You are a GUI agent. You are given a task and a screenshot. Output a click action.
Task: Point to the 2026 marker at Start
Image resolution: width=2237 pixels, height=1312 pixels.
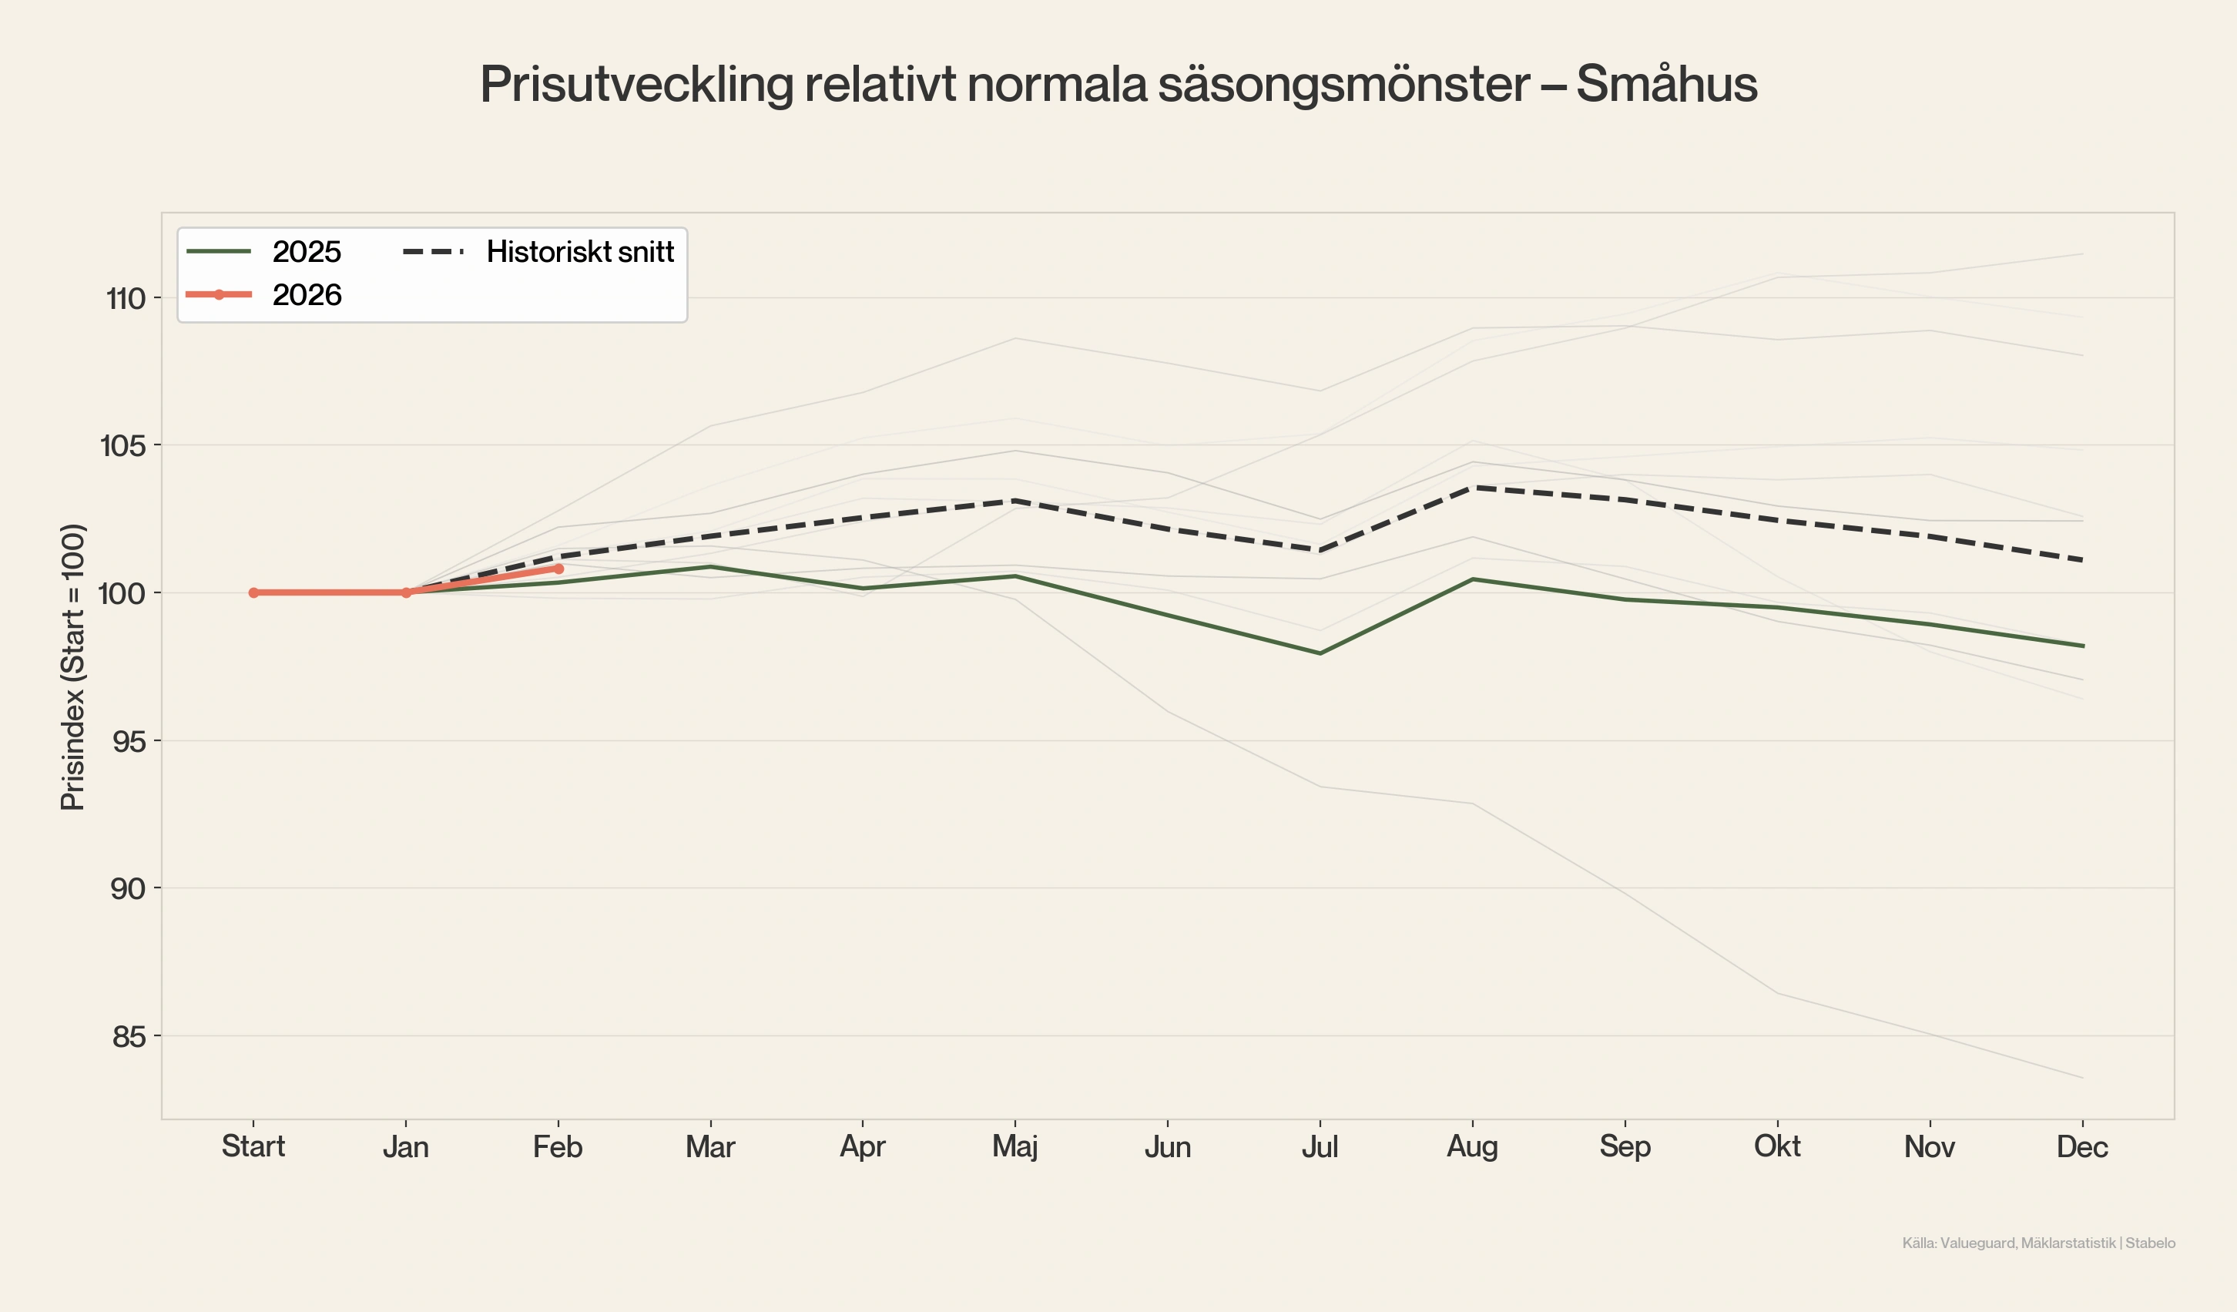pos(254,593)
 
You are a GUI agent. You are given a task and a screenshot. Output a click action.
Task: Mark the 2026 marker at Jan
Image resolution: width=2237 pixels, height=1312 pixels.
pos(407,593)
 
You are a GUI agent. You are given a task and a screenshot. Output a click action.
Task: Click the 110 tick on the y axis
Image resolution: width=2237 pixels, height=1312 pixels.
pos(125,298)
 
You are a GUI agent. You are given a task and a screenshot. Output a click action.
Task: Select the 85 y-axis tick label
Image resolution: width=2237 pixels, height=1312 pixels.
pos(129,1037)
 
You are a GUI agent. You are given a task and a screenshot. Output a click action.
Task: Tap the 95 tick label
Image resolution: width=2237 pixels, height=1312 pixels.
pos(129,741)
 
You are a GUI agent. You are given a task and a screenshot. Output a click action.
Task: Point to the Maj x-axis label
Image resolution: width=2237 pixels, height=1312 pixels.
pos(1015,1147)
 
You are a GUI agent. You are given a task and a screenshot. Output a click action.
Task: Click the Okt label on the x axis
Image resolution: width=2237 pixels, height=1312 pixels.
pos(1777,1147)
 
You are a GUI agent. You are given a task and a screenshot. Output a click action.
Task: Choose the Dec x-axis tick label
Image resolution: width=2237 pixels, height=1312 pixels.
pos(2081,1147)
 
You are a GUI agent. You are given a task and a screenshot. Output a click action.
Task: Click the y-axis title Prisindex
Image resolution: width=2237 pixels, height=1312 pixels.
pos(72,667)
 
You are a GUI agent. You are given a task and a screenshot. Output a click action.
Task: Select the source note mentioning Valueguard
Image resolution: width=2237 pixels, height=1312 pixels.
pos(2038,1243)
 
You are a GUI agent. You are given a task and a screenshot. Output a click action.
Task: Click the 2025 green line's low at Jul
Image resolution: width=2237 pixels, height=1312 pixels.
pos(1320,653)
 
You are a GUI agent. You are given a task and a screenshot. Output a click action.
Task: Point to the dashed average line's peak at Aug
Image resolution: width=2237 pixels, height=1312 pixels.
pos(1473,488)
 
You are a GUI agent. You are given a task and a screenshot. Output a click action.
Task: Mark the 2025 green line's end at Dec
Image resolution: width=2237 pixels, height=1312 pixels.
pos(2082,646)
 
